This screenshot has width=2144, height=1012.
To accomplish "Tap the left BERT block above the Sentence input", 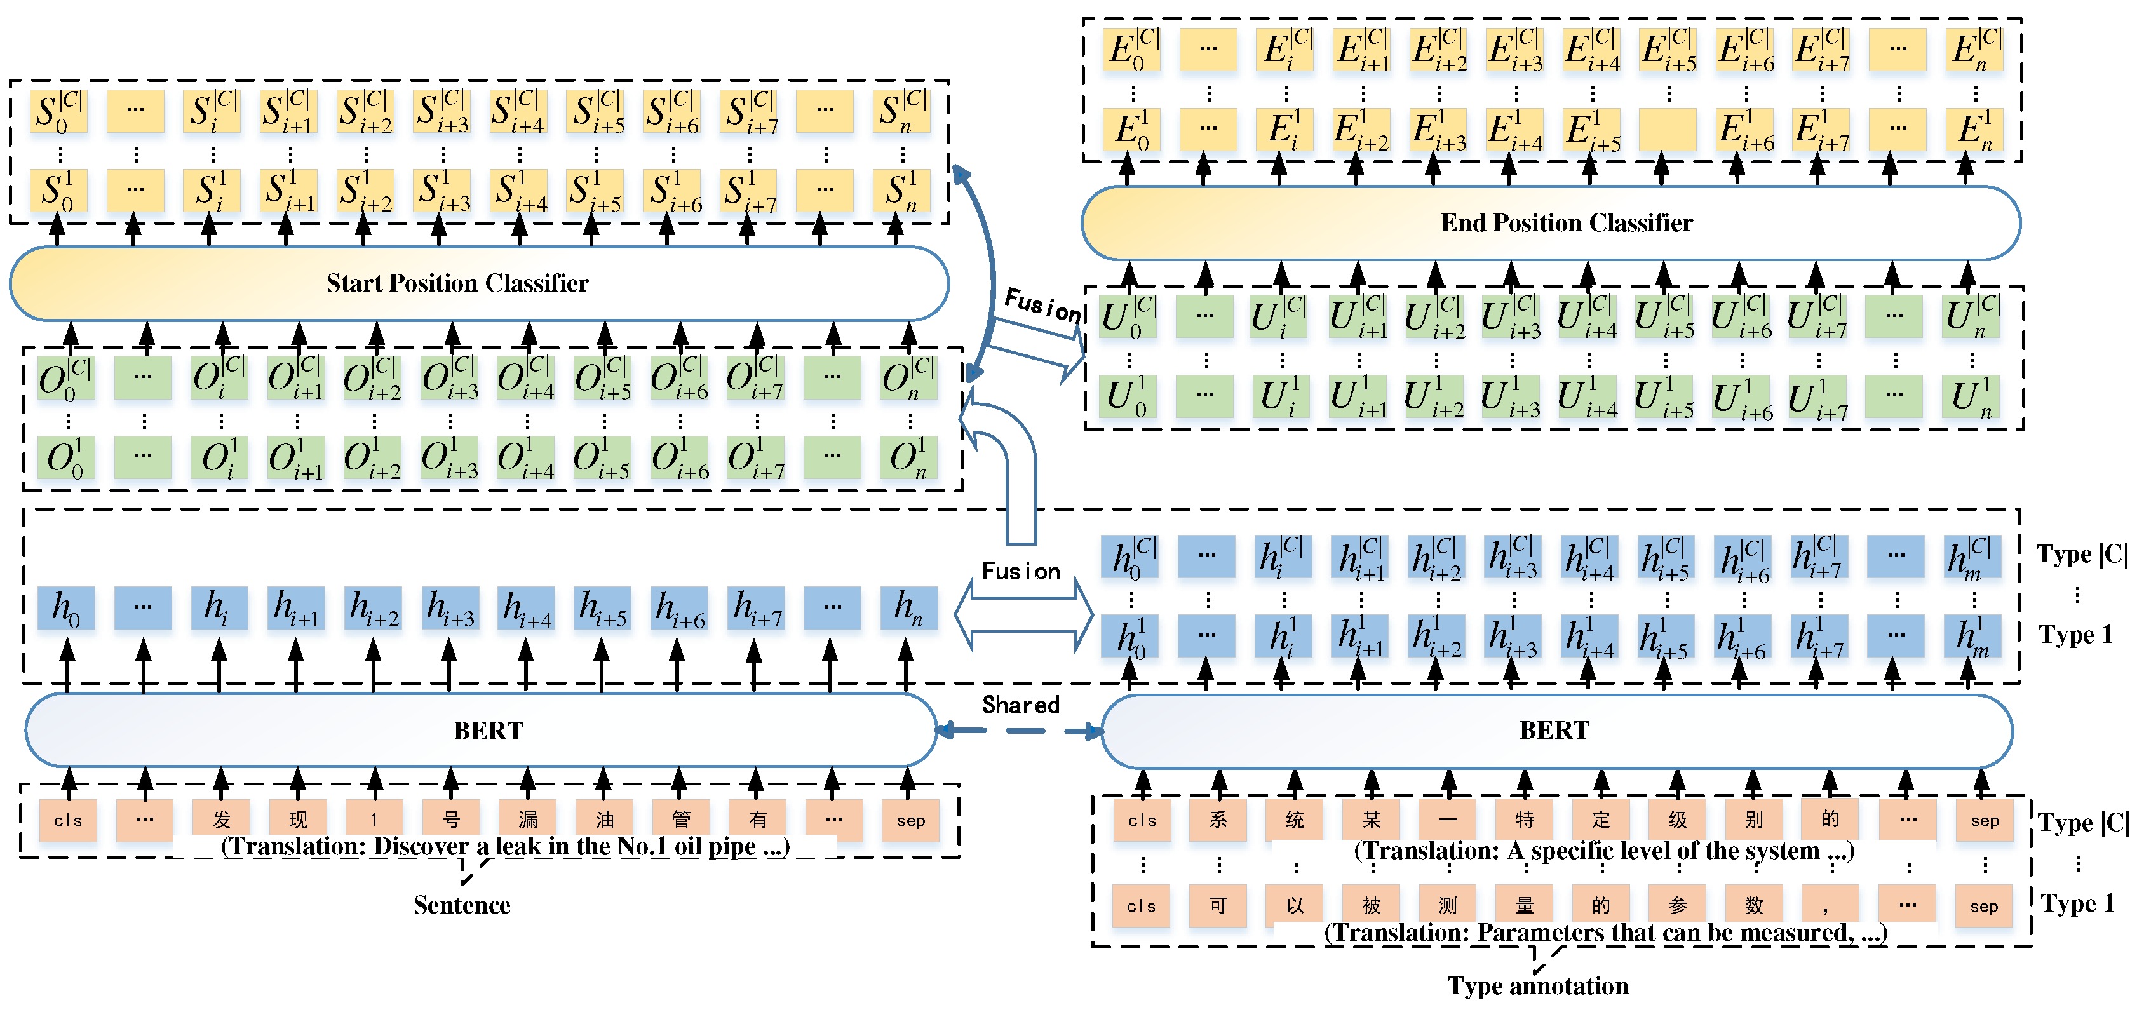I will tap(488, 730).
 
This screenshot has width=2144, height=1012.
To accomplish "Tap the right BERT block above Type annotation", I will tap(1554, 730).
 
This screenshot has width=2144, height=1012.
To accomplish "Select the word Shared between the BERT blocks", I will tap(1020, 705).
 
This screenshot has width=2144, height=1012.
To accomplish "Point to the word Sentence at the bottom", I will tap(462, 905).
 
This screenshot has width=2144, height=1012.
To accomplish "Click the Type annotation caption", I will tap(1537, 985).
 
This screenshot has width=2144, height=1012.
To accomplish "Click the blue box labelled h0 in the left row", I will tap(67, 609).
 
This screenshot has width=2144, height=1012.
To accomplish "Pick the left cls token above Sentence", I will tap(67, 821).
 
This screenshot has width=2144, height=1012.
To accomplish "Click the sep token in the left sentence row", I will tap(910, 821).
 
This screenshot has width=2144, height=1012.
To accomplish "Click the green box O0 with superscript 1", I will tap(67, 459).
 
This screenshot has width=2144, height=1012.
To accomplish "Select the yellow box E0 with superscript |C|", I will tap(1133, 50).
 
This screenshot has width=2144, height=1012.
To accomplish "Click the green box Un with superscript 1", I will tap(1971, 397).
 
